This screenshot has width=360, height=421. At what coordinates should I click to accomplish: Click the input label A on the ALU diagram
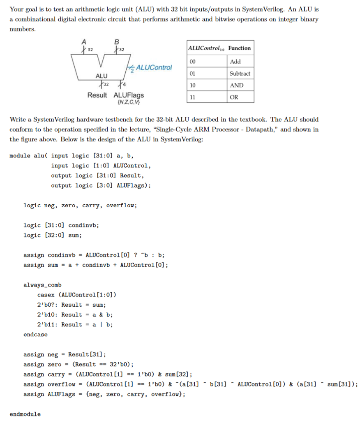point(84,41)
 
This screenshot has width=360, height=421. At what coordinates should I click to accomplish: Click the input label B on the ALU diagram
point(116,41)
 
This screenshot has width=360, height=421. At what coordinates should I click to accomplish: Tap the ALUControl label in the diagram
point(154,67)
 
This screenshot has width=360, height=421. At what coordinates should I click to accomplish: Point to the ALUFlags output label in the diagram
point(129,95)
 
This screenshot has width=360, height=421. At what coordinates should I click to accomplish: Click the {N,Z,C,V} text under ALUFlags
point(128,102)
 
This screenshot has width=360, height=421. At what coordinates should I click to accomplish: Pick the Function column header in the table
point(239,48)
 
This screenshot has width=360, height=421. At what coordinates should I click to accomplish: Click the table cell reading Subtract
point(240,74)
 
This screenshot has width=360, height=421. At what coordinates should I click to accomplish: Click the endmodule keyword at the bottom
point(25,414)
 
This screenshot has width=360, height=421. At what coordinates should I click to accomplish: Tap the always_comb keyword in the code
point(42,285)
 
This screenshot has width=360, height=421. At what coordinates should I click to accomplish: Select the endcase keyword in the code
point(35,335)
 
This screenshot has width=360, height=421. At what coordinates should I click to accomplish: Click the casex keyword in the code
point(46,295)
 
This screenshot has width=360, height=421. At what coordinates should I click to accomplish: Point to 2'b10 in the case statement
point(47,315)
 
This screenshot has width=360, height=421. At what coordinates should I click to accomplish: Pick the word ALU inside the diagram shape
point(101,76)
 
